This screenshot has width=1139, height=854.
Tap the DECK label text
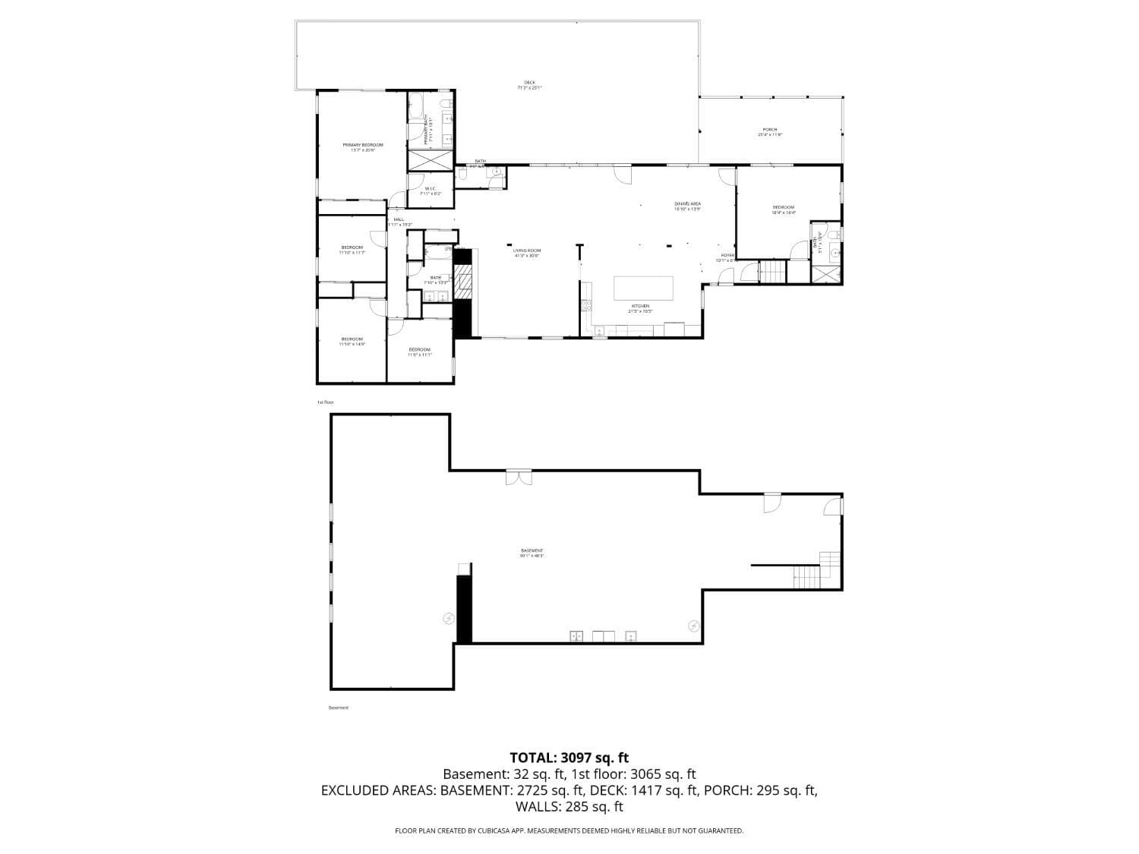pos(529,83)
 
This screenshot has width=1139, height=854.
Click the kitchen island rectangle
pos(643,288)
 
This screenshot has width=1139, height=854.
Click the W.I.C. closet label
pos(430,189)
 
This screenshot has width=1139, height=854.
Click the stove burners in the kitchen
pos(586,305)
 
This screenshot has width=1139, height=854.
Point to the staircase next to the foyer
pos(772,271)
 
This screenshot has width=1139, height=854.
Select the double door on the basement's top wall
pos(519,477)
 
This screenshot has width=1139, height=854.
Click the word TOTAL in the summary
pos(532,757)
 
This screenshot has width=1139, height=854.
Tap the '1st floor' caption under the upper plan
pos(325,402)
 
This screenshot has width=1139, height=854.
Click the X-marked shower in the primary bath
pos(431,161)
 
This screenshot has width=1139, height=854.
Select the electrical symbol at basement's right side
pos(693,626)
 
